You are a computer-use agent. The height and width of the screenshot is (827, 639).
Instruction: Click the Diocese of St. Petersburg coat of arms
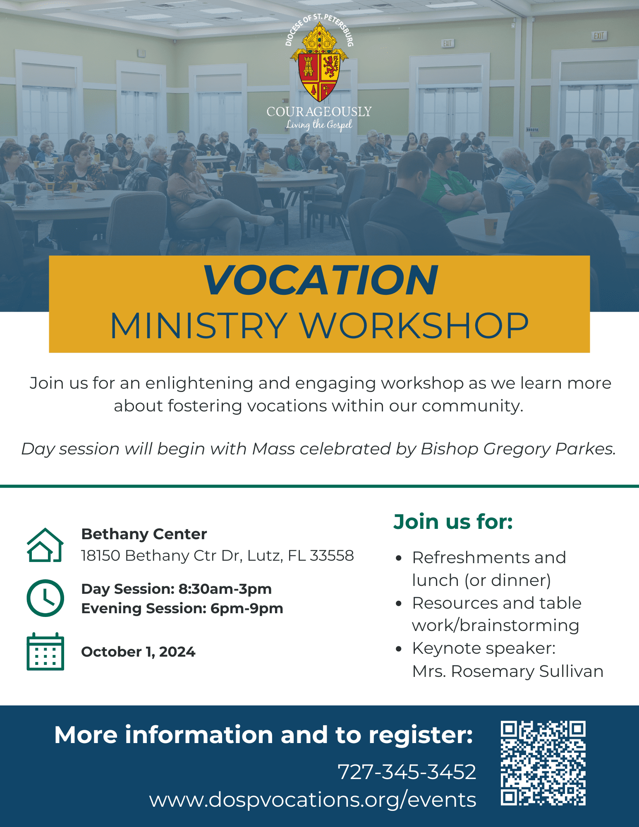coord(319,62)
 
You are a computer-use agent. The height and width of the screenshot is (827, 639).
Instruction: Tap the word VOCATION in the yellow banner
coord(320,280)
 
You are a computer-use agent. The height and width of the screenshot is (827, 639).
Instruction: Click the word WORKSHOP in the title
coord(414,326)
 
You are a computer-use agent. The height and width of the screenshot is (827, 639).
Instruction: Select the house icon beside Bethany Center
coord(45,545)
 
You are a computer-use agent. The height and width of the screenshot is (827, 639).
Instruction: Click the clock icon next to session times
coord(45,598)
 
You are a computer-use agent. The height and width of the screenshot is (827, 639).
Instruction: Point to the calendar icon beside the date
coord(45,651)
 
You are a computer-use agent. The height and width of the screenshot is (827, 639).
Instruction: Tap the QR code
coord(543,763)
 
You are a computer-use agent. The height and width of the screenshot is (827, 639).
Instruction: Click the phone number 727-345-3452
coord(407,772)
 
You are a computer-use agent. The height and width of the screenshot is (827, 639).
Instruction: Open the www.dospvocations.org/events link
coord(313,800)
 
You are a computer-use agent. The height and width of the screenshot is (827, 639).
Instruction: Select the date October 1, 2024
coord(138,652)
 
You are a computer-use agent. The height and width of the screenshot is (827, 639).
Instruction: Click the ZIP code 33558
coord(332,555)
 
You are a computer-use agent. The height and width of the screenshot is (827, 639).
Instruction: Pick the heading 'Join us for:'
coord(453,521)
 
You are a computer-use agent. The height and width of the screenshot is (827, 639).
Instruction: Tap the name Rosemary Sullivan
coord(527,671)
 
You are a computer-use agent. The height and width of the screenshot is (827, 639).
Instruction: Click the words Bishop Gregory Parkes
coord(518,449)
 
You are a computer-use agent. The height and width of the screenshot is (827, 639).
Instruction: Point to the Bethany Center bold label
coord(144,534)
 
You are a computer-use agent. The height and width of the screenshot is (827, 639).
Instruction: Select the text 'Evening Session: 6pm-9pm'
coord(182,609)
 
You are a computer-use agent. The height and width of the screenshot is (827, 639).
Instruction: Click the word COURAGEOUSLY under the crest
coord(319,112)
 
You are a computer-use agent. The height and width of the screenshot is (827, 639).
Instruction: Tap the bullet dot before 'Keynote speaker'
coord(399,649)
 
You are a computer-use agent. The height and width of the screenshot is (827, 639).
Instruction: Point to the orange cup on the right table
coord(491,226)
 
